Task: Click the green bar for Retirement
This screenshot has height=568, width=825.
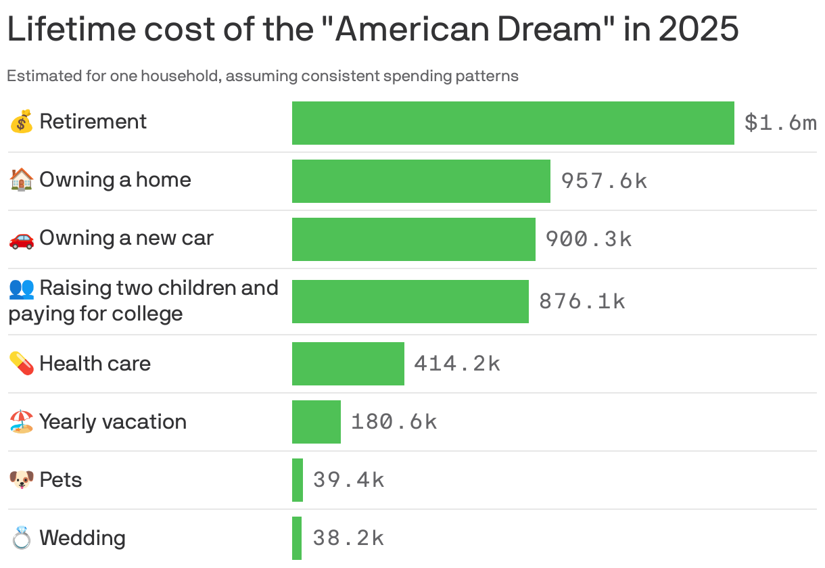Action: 513,123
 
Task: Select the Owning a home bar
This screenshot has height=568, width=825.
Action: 421,181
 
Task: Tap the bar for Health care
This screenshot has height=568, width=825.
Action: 348,364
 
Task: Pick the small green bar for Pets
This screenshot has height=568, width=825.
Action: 298,480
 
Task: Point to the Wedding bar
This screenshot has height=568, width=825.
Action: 297,538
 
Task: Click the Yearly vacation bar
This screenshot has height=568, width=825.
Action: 316,422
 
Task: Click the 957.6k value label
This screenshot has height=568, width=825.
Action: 604,181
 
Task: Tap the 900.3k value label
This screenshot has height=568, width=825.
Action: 588,239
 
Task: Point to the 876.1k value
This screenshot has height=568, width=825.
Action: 582,302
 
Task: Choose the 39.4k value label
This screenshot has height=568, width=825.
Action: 348,480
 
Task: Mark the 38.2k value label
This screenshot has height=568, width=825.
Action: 348,538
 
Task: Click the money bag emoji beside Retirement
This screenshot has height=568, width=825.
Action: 21,122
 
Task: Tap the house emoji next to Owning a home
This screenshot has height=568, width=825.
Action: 21,180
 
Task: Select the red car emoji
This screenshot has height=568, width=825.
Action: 21,239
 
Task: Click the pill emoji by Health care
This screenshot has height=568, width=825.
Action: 21,364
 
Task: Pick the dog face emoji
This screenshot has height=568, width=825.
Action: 21,480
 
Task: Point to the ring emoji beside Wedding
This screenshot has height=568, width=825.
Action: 21,538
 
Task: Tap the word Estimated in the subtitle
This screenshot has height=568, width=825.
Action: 43,76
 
